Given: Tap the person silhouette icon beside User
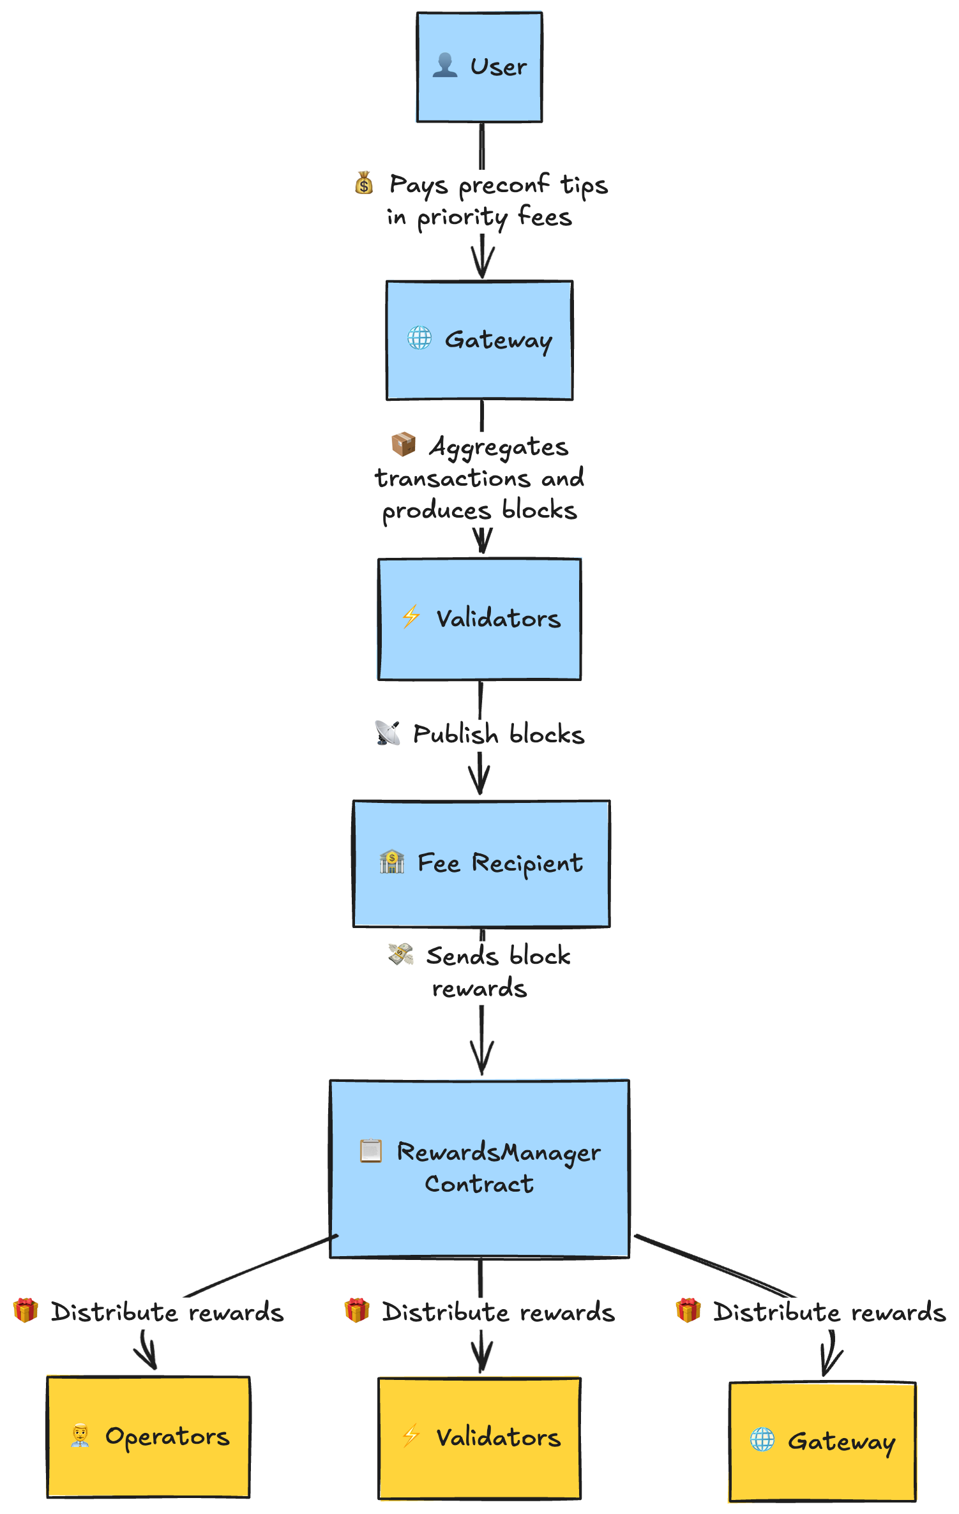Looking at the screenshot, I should [445, 66].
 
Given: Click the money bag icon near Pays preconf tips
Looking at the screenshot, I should [364, 183].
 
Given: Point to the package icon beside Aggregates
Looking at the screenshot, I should [404, 444].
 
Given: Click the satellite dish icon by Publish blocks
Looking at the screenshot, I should [388, 733].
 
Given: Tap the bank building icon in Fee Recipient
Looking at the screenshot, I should [392, 862].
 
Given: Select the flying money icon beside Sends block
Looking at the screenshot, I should [401, 954].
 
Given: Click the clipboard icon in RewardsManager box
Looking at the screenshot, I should [371, 1151].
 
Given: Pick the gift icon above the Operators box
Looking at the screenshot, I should [26, 1310].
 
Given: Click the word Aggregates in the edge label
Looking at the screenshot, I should [499, 447].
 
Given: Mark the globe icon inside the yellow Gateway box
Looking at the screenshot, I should [762, 1439].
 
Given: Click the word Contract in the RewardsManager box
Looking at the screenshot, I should [480, 1184].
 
